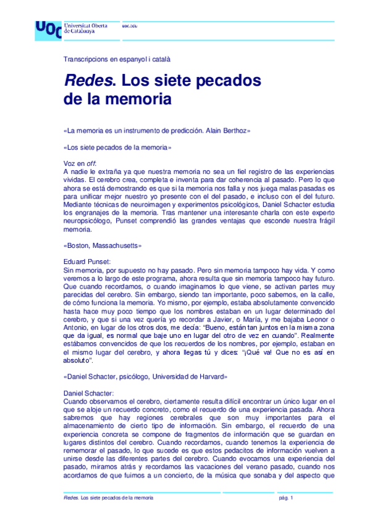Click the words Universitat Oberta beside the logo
pyautogui.click(x=86, y=25)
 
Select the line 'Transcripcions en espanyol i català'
pyautogui.click(x=117, y=60)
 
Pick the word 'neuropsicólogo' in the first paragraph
pyautogui.click(x=89, y=223)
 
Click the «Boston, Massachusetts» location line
pyautogui.click(x=103, y=245)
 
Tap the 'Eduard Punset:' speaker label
pyautogui.click(x=87, y=261)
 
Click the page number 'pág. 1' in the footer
pyautogui.click(x=285, y=498)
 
